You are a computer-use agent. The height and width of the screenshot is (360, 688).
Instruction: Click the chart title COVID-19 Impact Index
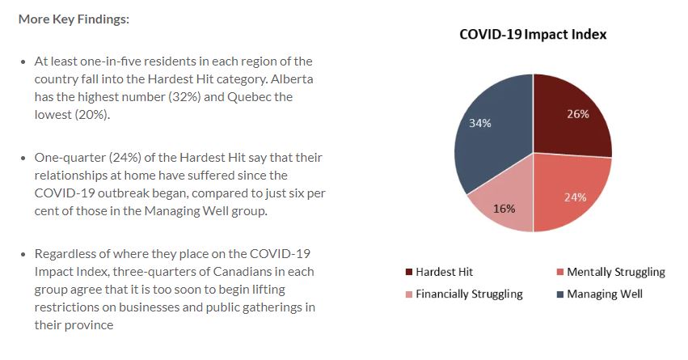point(533,34)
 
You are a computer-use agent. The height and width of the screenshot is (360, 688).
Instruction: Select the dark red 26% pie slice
point(571,119)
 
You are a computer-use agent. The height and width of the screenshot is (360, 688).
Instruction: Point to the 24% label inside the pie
point(576,197)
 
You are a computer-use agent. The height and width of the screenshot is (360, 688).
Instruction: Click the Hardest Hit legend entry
point(440,272)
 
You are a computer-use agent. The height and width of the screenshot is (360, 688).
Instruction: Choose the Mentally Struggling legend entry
point(610,272)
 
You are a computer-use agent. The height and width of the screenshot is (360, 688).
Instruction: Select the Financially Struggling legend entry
point(464,294)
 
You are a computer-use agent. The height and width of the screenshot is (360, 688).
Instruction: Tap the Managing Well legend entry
point(600,294)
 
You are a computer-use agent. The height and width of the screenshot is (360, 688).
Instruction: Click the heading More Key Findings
point(74,19)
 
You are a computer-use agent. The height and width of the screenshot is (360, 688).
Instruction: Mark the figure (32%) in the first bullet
point(184,96)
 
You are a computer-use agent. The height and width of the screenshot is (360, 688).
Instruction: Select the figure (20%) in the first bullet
point(91,115)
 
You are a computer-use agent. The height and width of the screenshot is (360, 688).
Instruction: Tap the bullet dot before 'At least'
point(23,62)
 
